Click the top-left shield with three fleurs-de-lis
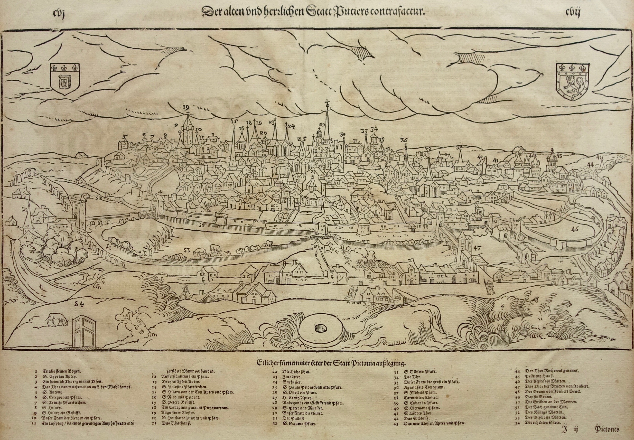[x=65, y=79]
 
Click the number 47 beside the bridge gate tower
[x=478, y=248]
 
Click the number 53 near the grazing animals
[x=187, y=250]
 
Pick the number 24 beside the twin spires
[x=291, y=127]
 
